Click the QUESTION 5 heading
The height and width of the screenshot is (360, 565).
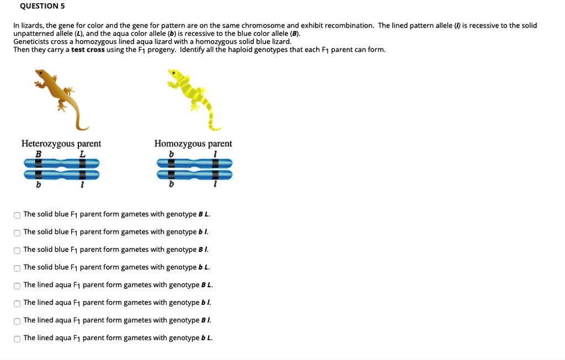[42, 6]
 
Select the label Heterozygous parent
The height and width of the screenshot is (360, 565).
[61, 144]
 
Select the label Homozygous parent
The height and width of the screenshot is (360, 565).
[193, 144]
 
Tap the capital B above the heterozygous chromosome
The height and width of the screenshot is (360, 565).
[38, 154]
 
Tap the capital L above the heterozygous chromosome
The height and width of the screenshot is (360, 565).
[82, 154]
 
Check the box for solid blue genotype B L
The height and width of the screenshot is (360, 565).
[17, 214]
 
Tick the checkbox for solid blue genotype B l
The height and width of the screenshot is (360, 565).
[17, 250]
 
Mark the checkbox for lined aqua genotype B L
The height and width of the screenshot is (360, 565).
[17, 285]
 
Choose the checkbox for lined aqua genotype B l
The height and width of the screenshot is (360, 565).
[17, 320]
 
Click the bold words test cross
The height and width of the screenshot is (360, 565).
[88, 50]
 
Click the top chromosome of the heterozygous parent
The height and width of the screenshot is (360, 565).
[61, 163]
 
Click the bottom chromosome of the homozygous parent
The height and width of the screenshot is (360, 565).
[194, 175]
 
